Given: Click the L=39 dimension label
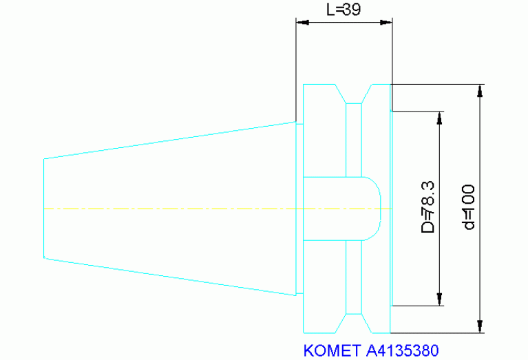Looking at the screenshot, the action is coord(344,10).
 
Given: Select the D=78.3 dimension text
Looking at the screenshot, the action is coord(428,207).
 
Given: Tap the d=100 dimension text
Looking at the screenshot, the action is coord(469,207).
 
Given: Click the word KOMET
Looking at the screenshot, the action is coord(332,350).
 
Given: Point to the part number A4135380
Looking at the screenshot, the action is coord(403,350).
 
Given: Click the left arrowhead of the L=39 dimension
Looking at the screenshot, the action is coord(302,23).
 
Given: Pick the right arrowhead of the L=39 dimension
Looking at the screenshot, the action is coord(386,23).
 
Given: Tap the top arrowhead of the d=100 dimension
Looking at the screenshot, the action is coord(481,91).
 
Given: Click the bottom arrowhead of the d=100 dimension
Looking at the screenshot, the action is coord(481,327).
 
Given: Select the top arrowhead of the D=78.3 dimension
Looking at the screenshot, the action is coord(439,118).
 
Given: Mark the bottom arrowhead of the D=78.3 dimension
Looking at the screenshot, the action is coord(439,299).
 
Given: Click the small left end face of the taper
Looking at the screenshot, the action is coord(44,209).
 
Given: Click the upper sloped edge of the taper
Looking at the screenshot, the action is coord(170,140).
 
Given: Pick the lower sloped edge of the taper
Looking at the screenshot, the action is coord(170,277).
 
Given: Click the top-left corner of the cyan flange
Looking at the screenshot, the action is coord(304,84).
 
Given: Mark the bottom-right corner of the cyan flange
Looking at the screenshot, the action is coord(390,333).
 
